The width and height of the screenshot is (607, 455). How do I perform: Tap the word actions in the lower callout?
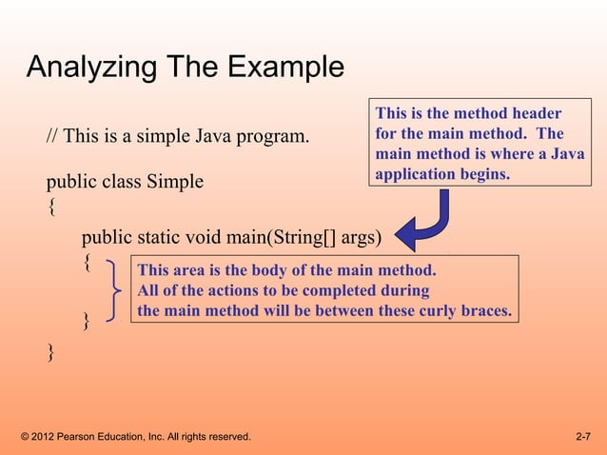[x=215, y=290]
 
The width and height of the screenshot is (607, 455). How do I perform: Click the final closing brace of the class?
[x=51, y=353]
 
